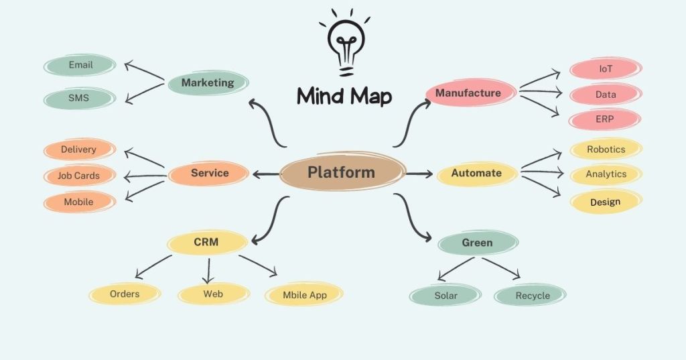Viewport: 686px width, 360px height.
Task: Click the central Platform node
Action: coord(342,172)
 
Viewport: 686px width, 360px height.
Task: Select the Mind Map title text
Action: coord(344,95)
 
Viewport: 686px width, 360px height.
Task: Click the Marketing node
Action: coord(208,83)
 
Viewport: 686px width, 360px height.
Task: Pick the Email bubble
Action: coord(80,66)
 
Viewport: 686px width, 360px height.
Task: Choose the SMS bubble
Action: coord(79,98)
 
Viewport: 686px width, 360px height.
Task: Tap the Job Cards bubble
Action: coord(79,176)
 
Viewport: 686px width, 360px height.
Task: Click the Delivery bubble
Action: coord(79,149)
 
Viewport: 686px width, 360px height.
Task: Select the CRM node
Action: coord(206,242)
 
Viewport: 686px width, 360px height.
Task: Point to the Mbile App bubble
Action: coord(304,294)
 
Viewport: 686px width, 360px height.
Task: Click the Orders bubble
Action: coord(125,294)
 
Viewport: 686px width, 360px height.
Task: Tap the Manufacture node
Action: coord(468,93)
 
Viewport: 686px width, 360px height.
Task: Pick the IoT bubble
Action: coord(606,68)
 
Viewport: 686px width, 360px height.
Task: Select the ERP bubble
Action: coord(605,119)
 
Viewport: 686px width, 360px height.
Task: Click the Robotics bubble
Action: coord(606,149)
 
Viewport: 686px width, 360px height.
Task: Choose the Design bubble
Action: coord(606,202)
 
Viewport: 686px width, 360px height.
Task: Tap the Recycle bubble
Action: coord(532,296)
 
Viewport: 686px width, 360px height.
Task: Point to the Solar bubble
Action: coord(445,295)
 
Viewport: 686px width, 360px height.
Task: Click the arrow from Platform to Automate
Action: coord(419,174)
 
